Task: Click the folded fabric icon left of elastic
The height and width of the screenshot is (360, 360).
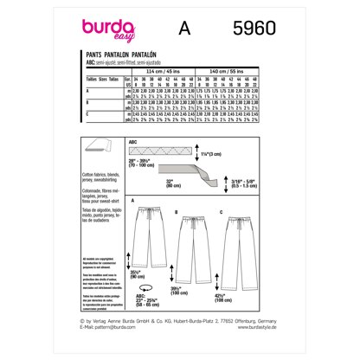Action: coord(87,151)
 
